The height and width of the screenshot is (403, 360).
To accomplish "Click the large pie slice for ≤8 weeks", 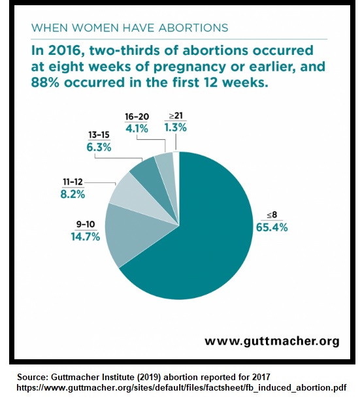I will point(203,235).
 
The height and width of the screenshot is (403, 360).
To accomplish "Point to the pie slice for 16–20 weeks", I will point(164,165).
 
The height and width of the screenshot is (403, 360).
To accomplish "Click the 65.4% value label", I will point(271,227).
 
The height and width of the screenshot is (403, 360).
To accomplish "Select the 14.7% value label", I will point(85,236).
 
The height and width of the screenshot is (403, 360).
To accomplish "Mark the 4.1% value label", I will point(137,129).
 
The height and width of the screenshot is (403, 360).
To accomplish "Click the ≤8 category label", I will point(270,216).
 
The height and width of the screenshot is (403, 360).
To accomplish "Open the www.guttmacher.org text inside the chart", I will point(272,340).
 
